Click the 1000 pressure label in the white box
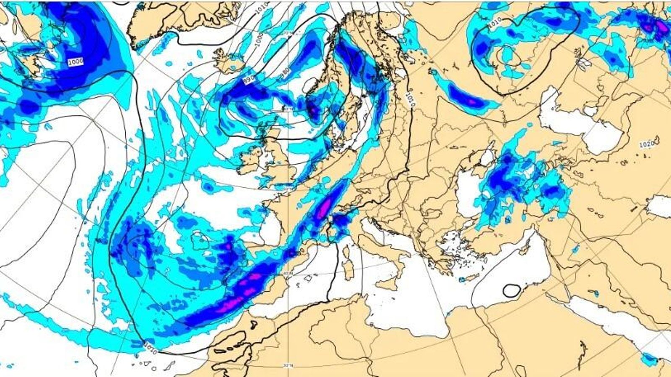75,62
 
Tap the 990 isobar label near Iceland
249,80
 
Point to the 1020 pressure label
646,145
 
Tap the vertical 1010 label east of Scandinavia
410,100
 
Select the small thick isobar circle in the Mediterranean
512,290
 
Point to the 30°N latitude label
288,365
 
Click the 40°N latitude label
288,273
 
